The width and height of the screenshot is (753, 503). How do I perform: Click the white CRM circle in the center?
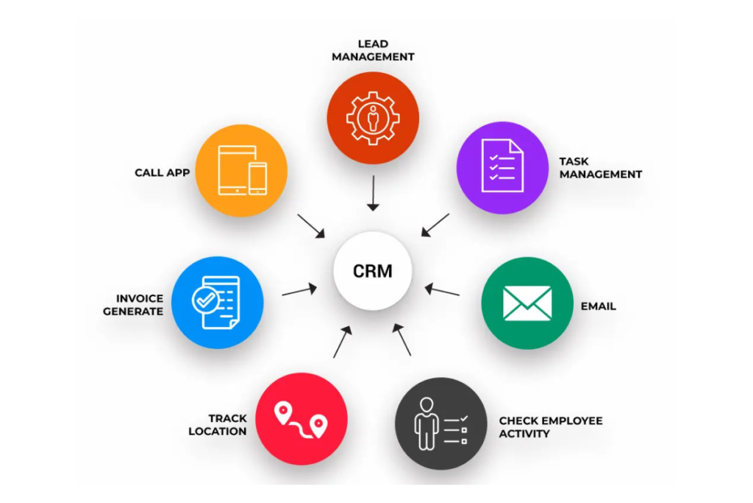point(373,270)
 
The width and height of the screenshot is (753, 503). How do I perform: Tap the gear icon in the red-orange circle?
point(373,118)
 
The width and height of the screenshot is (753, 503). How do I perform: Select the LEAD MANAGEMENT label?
point(373,50)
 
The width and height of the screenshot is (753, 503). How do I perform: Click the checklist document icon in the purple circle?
point(502,167)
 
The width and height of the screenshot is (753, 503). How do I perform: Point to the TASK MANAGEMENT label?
point(600,168)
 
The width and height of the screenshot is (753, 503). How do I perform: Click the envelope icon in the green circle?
point(527,303)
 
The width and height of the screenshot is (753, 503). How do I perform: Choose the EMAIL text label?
point(598,306)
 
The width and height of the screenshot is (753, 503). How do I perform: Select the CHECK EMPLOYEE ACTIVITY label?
point(551,427)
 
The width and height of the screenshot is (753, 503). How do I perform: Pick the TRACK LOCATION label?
point(218,425)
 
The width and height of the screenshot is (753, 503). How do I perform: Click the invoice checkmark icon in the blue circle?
point(215,303)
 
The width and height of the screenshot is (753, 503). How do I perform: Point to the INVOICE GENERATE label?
point(133,305)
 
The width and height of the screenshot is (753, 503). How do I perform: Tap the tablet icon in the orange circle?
point(233,169)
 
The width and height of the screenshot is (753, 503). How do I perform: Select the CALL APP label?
point(162,173)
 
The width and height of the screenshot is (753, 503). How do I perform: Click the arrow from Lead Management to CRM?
point(373,193)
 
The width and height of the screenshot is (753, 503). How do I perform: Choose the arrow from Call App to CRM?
point(311,226)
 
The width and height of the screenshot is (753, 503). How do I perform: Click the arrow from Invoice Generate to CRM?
point(299,290)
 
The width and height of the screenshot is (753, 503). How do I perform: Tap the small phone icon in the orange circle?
point(257,179)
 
